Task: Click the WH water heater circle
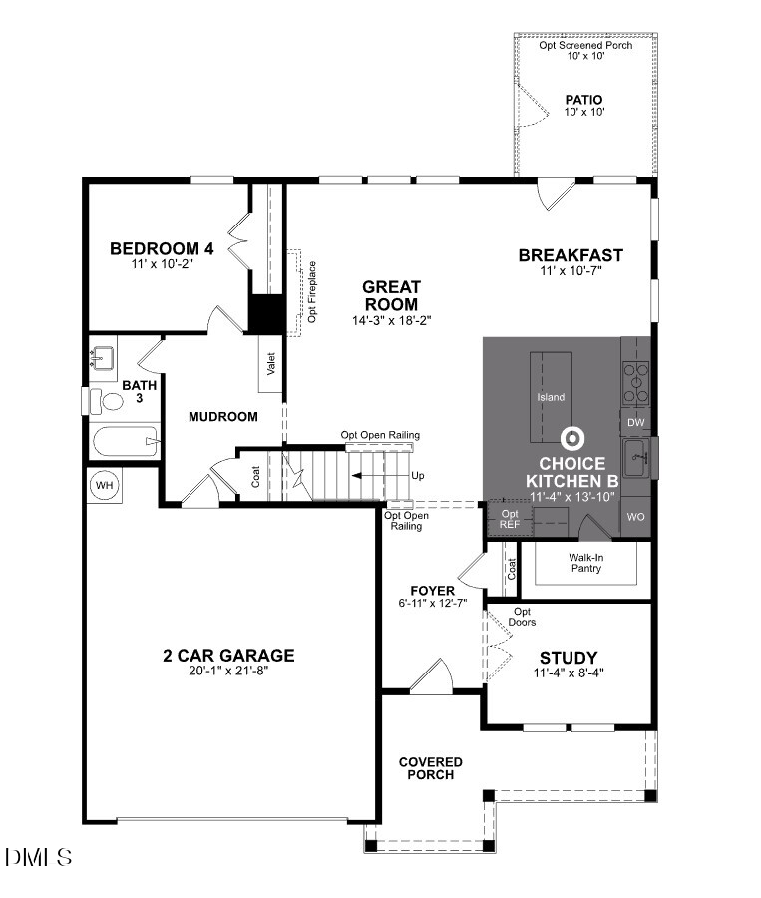click(104, 485)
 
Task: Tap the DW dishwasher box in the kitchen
click(636, 423)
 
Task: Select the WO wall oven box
click(636, 518)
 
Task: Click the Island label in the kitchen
click(551, 397)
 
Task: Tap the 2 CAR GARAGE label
click(229, 656)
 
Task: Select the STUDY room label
click(568, 658)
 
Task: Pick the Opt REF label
click(510, 519)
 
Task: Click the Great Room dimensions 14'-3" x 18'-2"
click(390, 320)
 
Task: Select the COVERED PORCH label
click(431, 768)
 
